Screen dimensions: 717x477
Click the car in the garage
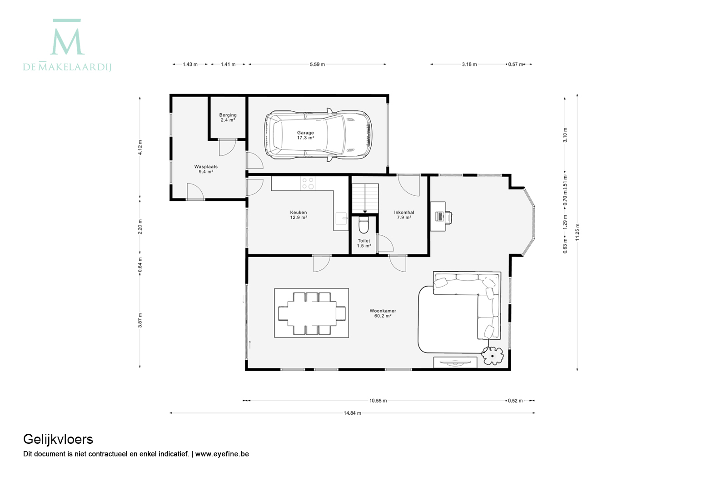click(x=318, y=134)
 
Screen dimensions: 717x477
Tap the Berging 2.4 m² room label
click(x=228, y=118)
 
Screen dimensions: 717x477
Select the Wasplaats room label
click(x=206, y=166)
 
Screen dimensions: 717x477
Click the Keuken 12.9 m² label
click(x=299, y=215)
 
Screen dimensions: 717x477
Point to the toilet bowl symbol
click(x=364, y=225)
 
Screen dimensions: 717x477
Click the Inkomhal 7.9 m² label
click(x=404, y=215)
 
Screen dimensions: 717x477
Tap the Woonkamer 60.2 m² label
click(x=383, y=313)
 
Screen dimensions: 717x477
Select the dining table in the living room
click(x=312, y=313)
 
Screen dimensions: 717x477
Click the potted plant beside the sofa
click(x=493, y=356)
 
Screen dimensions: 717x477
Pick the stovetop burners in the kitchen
click(x=308, y=183)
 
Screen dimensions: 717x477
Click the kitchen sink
click(x=342, y=219)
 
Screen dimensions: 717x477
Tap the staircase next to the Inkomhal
click(x=365, y=198)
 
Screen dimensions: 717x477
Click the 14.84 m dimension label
click(x=352, y=413)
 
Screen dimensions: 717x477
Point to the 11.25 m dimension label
click(x=577, y=232)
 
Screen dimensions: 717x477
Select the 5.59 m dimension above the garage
click(x=317, y=65)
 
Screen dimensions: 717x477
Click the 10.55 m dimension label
click(x=378, y=401)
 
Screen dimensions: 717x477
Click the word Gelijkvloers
click(x=58, y=439)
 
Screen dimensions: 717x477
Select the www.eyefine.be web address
click(x=222, y=454)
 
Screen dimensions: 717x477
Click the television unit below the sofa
click(x=455, y=363)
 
